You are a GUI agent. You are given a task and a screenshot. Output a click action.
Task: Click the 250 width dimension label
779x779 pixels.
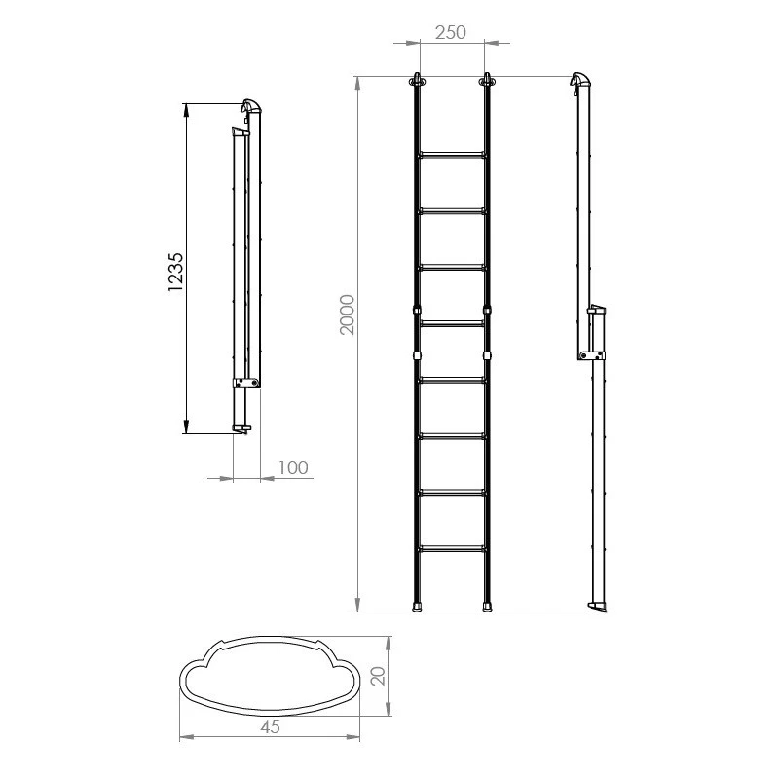tap(452, 31)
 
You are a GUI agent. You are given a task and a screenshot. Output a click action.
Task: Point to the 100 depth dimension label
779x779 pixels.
tap(293, 468)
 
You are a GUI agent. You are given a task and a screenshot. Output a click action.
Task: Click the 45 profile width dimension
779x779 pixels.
tap(272, 725)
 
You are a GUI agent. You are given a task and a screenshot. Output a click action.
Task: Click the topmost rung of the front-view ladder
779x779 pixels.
tap(452, 154)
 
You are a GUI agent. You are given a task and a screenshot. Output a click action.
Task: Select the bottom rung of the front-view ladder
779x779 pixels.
tap(452, 549)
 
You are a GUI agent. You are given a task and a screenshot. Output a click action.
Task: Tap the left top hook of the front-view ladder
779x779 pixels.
tap(419, 81)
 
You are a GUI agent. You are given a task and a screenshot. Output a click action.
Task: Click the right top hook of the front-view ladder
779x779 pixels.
tap(485, 81)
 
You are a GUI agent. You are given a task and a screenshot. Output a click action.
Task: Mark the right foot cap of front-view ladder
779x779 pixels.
tap(486, 606)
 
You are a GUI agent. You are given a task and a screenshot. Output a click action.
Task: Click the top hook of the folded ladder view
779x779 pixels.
tap(252, 105)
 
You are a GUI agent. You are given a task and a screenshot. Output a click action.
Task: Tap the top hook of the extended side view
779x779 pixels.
tap(578, 80)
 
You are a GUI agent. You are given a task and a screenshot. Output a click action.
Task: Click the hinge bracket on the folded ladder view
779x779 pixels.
tap(246, 383)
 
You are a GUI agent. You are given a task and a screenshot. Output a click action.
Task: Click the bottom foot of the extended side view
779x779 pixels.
tap(597, 608)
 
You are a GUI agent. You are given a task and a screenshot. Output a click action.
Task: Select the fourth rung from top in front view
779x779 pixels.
tap(452, 323)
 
